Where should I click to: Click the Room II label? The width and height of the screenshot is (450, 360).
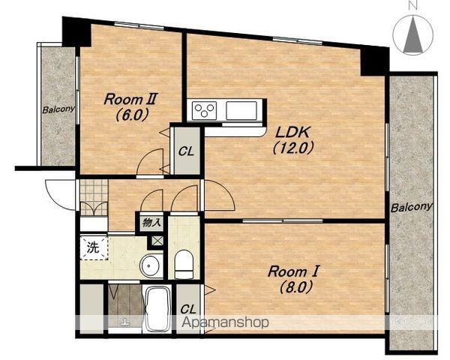pyautogui.click(x=130, y=99)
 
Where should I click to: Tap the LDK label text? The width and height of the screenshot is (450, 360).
pyautogui.click(x=292, y=132)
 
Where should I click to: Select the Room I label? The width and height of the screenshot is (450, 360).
pyautogui.click(x=293, y=271)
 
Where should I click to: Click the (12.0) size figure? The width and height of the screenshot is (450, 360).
pyautogui.click(x=292, y=148)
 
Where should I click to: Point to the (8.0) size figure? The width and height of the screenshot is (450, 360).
pyautogui.click(x=296, y=287)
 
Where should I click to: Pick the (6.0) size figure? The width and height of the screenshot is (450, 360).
pyautogui.click(x=132, y=115)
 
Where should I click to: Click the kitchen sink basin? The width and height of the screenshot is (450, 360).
pyautogui.click(x=241, y=110)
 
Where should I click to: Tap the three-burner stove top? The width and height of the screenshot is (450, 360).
pyautogui.click(x=204, y=110)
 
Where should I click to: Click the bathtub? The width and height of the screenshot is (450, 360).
pyautogui.click(x=157, y=310)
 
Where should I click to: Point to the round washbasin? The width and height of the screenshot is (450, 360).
pyautogui.click(x=151, y=266)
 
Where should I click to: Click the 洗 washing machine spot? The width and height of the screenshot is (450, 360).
pyautogui.click(x=94, y=247)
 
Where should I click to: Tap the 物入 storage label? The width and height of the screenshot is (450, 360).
pyautogui.click(x=151, y=223)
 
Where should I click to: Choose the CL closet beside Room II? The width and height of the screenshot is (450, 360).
pyautogui.click(x=186, y=151)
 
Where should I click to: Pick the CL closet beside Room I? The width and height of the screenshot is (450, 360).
pyautogui.click(x=188, y=309)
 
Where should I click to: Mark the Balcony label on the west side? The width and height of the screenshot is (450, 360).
pyautogui.click(x=58, y=109)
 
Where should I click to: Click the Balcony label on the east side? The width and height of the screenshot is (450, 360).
pyautogui.click(x=411, y=207)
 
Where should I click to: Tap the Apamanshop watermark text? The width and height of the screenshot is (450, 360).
pyautogui.click(x=225, y=322)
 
